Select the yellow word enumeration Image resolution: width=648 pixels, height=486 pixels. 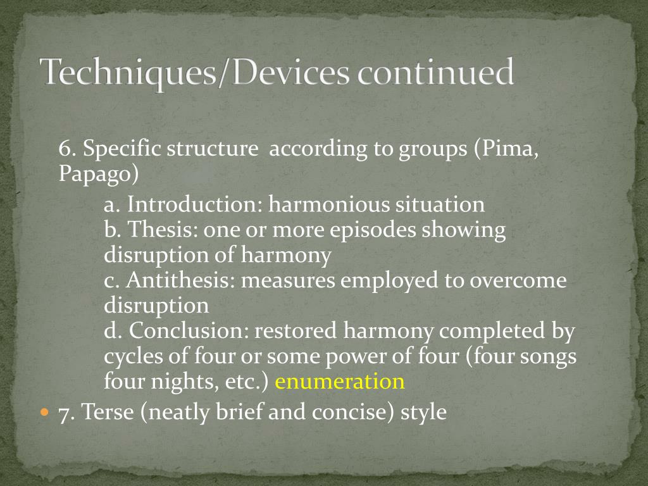tap(340, 382)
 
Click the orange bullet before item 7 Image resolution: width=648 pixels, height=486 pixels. tap(44, 412)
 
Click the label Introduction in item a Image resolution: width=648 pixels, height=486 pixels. tap(194, 204)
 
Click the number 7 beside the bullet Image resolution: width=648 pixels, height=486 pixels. tap(64, 413)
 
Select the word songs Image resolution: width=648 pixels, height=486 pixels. tap(549, 356)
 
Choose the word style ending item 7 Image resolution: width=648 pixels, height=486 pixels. tap(423, 413)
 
